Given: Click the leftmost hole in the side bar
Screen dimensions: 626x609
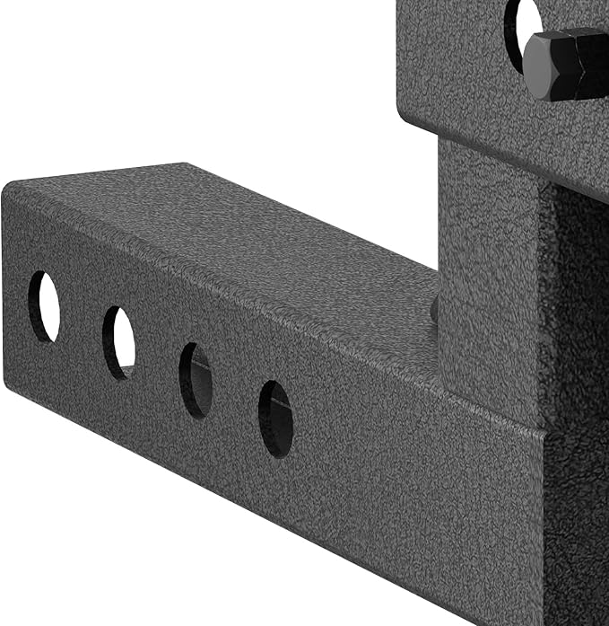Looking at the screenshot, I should [x=44, y=306].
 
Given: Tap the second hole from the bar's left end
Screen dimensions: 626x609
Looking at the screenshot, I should [x=118, y=342].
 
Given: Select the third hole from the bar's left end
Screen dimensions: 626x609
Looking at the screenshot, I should [x=196, y=380].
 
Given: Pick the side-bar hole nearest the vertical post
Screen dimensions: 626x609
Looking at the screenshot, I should [x=275, y=419].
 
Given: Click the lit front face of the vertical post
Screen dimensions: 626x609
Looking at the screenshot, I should [x=489, y=269].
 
